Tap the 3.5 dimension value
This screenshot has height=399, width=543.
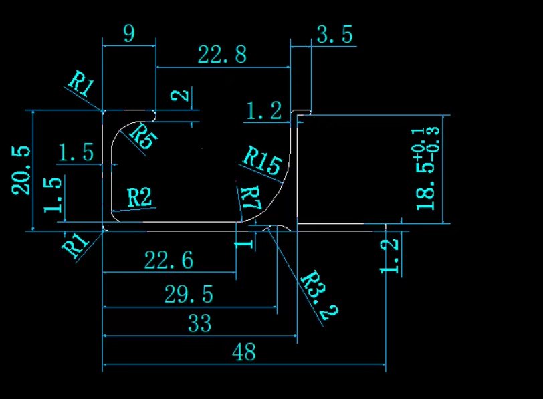pos(334,35)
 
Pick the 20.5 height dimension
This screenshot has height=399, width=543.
pos(21,170)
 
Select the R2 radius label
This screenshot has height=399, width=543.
pos(139,198)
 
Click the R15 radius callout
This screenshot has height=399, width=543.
pos(261,161)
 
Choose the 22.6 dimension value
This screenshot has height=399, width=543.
pos(169,260)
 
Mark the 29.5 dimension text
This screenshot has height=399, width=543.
pos(189,294)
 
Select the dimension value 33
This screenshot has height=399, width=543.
pos(199,325)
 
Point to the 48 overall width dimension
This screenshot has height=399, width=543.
pos(245,352)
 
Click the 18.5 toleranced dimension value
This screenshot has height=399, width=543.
pos(425,187)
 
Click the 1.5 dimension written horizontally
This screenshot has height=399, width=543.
pos(76,152)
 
